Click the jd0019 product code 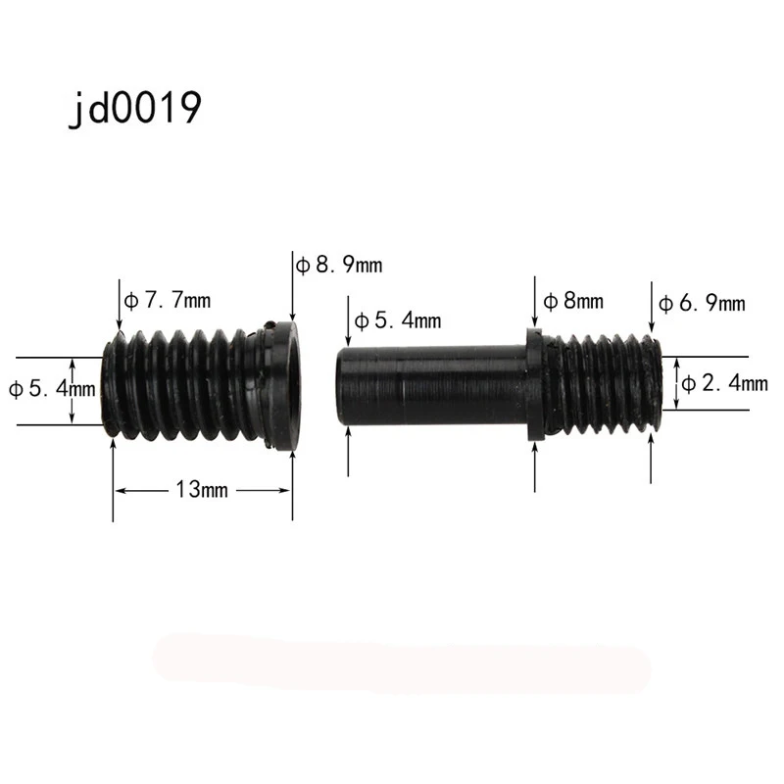[x=135, y=109]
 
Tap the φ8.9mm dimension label [x=339, y=265]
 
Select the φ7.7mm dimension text [x=168, y=300]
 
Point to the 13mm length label [x=202, y=489]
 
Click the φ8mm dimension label [x=573, y=301]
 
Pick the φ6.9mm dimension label [x=702, y=303]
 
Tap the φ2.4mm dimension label [x=724, y=383]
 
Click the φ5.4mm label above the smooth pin [x=398, y=320]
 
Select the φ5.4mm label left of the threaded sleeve [x=52, y=388]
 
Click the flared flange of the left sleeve [x=285, y=387]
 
